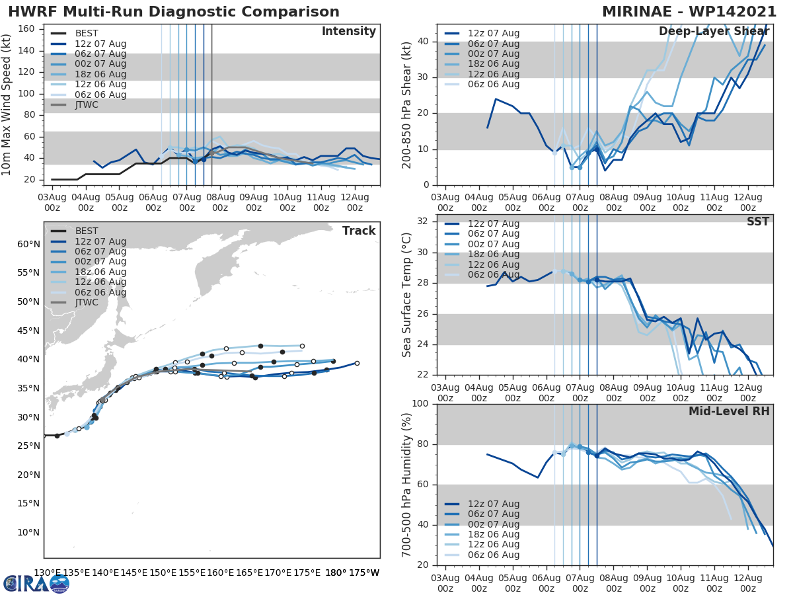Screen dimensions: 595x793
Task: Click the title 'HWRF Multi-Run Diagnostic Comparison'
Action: point(174,12)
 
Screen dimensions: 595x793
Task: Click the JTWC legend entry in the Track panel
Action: point(87,303)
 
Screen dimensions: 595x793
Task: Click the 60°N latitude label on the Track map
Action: point(29,244)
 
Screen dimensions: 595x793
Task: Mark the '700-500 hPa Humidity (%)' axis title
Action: point(407,485)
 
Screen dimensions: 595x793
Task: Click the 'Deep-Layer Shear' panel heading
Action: point(714,32)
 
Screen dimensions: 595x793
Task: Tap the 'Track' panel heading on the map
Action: point(359,231)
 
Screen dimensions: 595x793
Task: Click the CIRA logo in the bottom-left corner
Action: point(36,583)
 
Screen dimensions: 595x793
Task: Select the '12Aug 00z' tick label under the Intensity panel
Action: point(354,202)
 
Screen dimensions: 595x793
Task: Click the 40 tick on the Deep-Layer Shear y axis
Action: point(424,41)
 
